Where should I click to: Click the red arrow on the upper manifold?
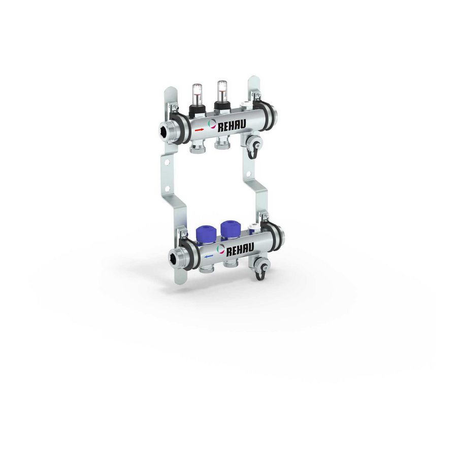199,129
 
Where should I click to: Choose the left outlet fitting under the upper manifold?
198,148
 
